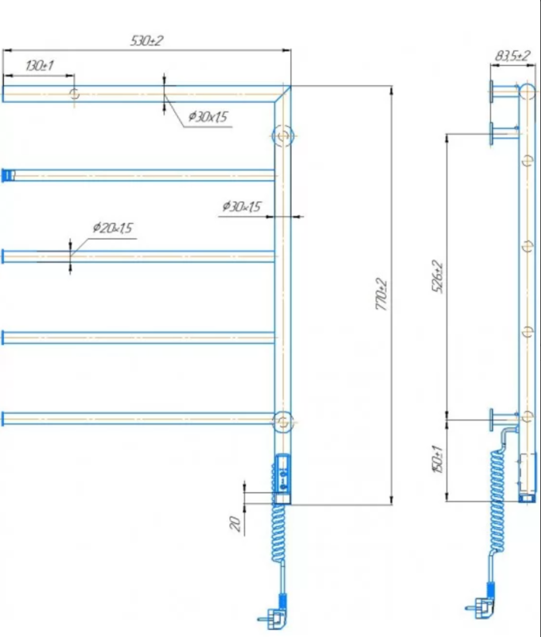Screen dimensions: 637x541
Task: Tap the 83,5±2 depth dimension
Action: (512, 56)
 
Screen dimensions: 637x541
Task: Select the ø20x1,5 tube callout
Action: (112, 228)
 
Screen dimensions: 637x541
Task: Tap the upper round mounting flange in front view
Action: (282, 135)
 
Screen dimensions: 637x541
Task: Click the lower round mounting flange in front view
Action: (282, 420)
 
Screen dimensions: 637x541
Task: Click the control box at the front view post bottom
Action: (282, 478)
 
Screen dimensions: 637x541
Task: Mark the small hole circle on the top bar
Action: (74, 94)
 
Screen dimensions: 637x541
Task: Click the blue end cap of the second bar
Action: (7, 174)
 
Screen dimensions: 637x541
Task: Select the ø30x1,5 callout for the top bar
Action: (208, 117)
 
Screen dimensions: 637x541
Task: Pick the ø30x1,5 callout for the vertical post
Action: (242, 207)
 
